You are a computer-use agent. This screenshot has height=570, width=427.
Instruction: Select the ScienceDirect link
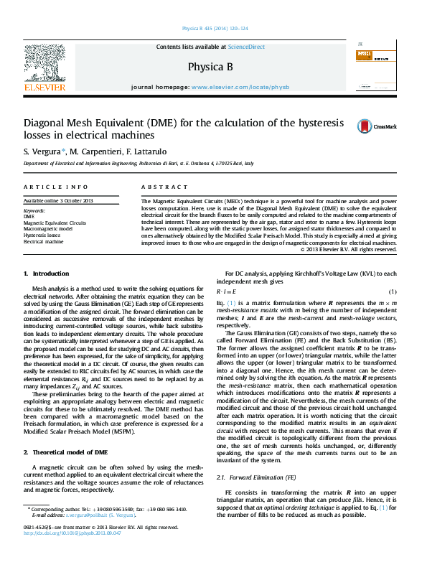click(246, 47)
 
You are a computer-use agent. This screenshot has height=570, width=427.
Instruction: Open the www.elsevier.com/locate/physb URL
click(240, 87)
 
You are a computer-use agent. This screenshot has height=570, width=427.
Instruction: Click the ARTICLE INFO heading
click(56, 187)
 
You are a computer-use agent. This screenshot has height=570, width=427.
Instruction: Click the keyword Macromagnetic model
click(49, 229)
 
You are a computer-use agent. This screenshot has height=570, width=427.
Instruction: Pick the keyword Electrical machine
click(44, 242)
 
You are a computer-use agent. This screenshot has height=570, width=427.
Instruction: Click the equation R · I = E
click(227, 292)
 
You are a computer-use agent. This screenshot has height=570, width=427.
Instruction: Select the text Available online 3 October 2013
click(58, 200)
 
